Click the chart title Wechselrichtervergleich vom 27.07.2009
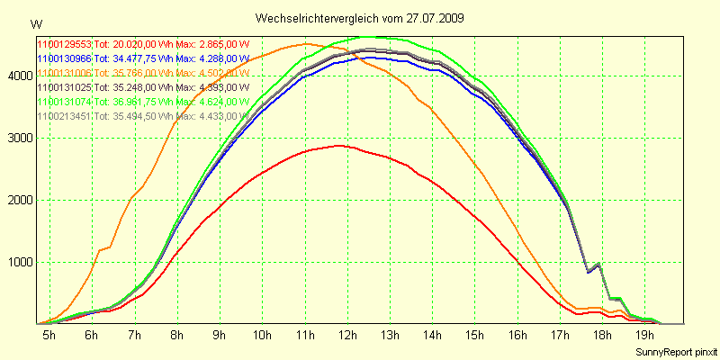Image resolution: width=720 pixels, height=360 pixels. coord(359,18)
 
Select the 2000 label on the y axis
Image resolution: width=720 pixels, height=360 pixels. coord(19,200)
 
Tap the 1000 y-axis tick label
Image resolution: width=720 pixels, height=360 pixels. coord(19,262)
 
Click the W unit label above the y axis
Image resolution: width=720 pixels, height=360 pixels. coord(35,23)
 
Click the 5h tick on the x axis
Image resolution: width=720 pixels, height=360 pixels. coord(48,335)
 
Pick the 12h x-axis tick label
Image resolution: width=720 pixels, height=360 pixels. coord(346,335)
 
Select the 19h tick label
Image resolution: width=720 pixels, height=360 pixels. coord(644,335)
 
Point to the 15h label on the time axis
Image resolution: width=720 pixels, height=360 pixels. coord(474,335)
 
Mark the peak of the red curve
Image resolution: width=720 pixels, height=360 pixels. coord(338,145)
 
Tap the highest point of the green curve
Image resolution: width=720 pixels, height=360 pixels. coord(373,37)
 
